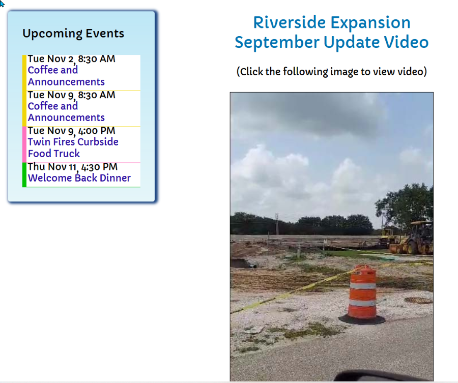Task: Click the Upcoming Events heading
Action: [73, 34]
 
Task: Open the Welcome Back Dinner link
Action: [79, 178]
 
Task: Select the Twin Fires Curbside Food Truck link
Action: [73, 148]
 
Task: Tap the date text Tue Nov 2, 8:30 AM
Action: [71, 59]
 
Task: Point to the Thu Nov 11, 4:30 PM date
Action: [72, 167]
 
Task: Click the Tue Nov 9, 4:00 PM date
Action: [71, 131]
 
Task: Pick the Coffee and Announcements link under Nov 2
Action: [66, 76]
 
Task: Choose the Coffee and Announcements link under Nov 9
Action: [66, 112]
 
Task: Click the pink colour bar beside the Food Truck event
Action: [24, 144]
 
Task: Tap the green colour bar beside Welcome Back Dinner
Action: [24, 174]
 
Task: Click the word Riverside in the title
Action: [289, 22]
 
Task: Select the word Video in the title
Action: [406, 42]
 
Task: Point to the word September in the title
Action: [277, 43]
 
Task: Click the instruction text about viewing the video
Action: [331, 72]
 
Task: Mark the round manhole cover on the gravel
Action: [418, 301]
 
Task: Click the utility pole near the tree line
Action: [277, 224]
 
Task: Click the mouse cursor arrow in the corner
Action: [2, 4]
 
